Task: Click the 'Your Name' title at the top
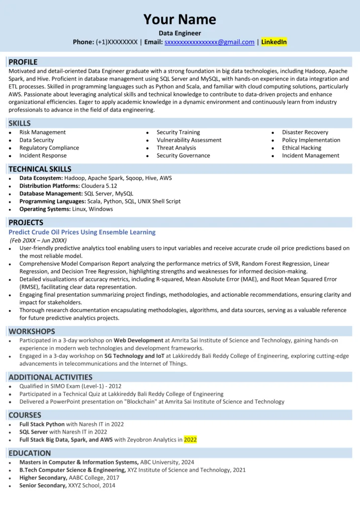coord(180,19)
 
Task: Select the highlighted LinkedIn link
coord(274,42)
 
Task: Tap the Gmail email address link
coord(209,42)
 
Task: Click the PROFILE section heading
coord(23,62)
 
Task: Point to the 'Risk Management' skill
coord(42,132)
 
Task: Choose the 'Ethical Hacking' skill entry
coord(301,148)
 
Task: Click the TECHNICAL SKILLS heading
coord(40,169)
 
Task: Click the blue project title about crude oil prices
coord(82,232)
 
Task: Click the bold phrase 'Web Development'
coord(138,340)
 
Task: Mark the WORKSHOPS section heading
coord(31,331)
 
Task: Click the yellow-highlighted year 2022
coord(190,439)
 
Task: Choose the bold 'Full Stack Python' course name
coord(42,424)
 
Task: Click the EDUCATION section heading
coord(29,453)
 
